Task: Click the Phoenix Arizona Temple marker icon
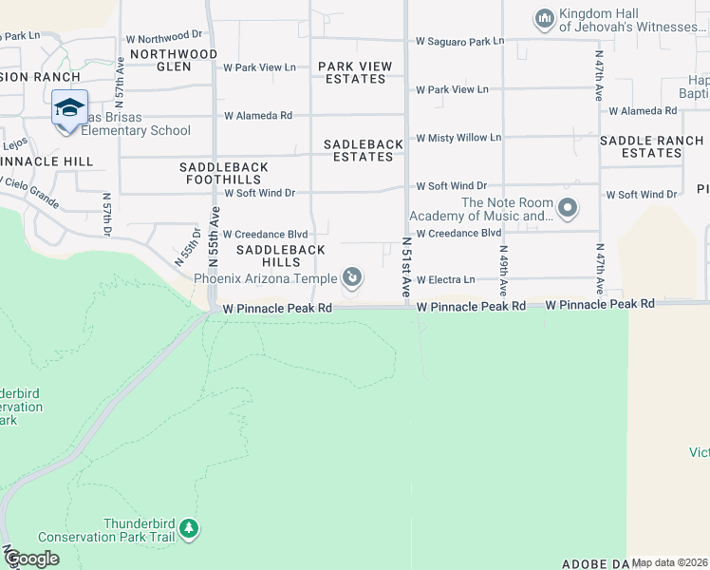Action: [352, 277]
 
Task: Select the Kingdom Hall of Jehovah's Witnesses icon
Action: [544, 18]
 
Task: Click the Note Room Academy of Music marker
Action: [568, 207]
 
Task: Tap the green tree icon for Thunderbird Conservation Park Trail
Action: [189, 528]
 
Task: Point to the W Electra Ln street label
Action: [444, 279]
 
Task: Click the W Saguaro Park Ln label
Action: [459, 42]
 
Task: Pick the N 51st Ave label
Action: [406, 271]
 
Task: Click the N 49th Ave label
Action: [503, 270]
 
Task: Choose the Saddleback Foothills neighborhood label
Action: [224, 173]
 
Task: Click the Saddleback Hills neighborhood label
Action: [280, 255]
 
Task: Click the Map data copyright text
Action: [669, 562]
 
